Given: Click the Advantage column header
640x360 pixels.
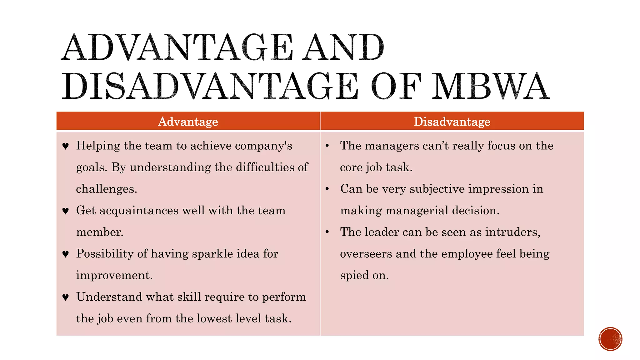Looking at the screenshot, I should pyautogui.click(x=188, y=121).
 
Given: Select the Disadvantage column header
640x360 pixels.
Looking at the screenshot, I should pyautogui.click(x=452, y=121).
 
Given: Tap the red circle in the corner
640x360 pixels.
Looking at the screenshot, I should pyautogui.click(x=610, y=339).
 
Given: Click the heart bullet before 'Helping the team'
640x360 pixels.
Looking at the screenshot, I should pyautogui.click(x=65, y=146).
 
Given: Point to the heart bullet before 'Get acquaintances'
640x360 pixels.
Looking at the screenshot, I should pyautogui.click(x=65, y=211).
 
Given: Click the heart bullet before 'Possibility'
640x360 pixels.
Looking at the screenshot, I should pyautogui.click(x=65, y=254).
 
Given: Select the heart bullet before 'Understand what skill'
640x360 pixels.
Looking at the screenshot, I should pyautogui.click(x=65, y=297).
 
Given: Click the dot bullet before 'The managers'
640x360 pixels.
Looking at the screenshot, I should pyautogui.click(x=327, y=146).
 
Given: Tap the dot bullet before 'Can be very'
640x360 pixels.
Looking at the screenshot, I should pyautogui.click(x=327, y=189).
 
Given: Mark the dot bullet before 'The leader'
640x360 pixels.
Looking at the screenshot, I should pyautogui.click(x=327, y=232).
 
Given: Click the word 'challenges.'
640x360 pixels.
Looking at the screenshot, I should pyautogui.click(x=107, y=189).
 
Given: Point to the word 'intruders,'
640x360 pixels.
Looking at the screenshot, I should pyautogui.click(x=513, y=232).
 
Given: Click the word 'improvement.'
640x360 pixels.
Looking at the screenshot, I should pyautogui.click(x=114, y=275).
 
